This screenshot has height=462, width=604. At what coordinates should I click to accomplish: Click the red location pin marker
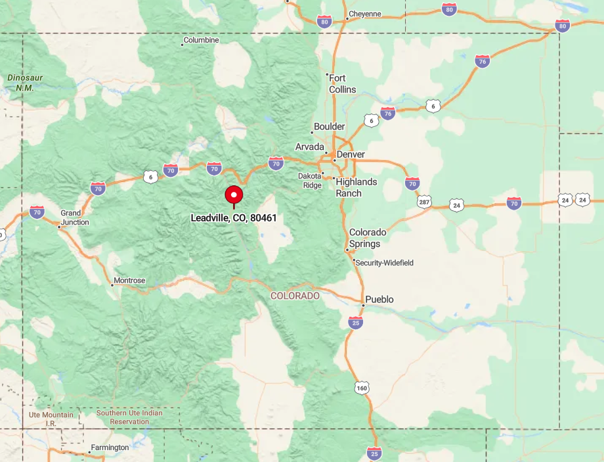click(x=234, y=195)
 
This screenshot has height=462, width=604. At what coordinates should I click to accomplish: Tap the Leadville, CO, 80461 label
click(x=234, y=218)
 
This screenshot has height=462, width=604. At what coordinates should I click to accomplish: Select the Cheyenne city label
click(x=364, y=14)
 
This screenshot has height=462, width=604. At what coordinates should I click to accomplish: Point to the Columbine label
click(x=201, y=40)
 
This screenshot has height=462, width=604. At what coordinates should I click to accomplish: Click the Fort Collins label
click(x=342, y=83)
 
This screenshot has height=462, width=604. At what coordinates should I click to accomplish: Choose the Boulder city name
click(x=329, y=126)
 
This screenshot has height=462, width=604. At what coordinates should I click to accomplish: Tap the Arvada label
click(x=310, y=147)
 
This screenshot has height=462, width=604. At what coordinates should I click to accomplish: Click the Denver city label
click(x=351, y=154)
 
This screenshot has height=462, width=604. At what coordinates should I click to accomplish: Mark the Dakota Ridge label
click(x=310, y=181)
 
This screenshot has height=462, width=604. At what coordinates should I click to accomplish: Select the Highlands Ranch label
click(x=356, y=187)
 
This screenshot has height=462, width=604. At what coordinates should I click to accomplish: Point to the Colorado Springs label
click(x=368, y=238)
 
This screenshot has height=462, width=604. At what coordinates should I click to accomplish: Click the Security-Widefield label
click(x=385, y=263)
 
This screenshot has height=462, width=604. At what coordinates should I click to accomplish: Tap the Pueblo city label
click(x=379, y=300)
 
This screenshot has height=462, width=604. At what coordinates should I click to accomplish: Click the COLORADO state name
click(x=295, y=296)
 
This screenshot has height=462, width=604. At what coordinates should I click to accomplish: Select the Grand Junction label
click(x=70, y=218)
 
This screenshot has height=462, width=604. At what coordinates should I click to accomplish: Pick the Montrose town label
click(x=129, y=281)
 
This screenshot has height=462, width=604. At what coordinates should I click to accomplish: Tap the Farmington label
click(x=110, y=448)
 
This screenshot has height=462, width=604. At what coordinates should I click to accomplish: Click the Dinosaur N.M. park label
click(x=25, y=83)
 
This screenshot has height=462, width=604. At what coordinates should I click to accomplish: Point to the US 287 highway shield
click(x=424, y=202)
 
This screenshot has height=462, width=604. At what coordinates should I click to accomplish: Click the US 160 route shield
click(x=361, y=388)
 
